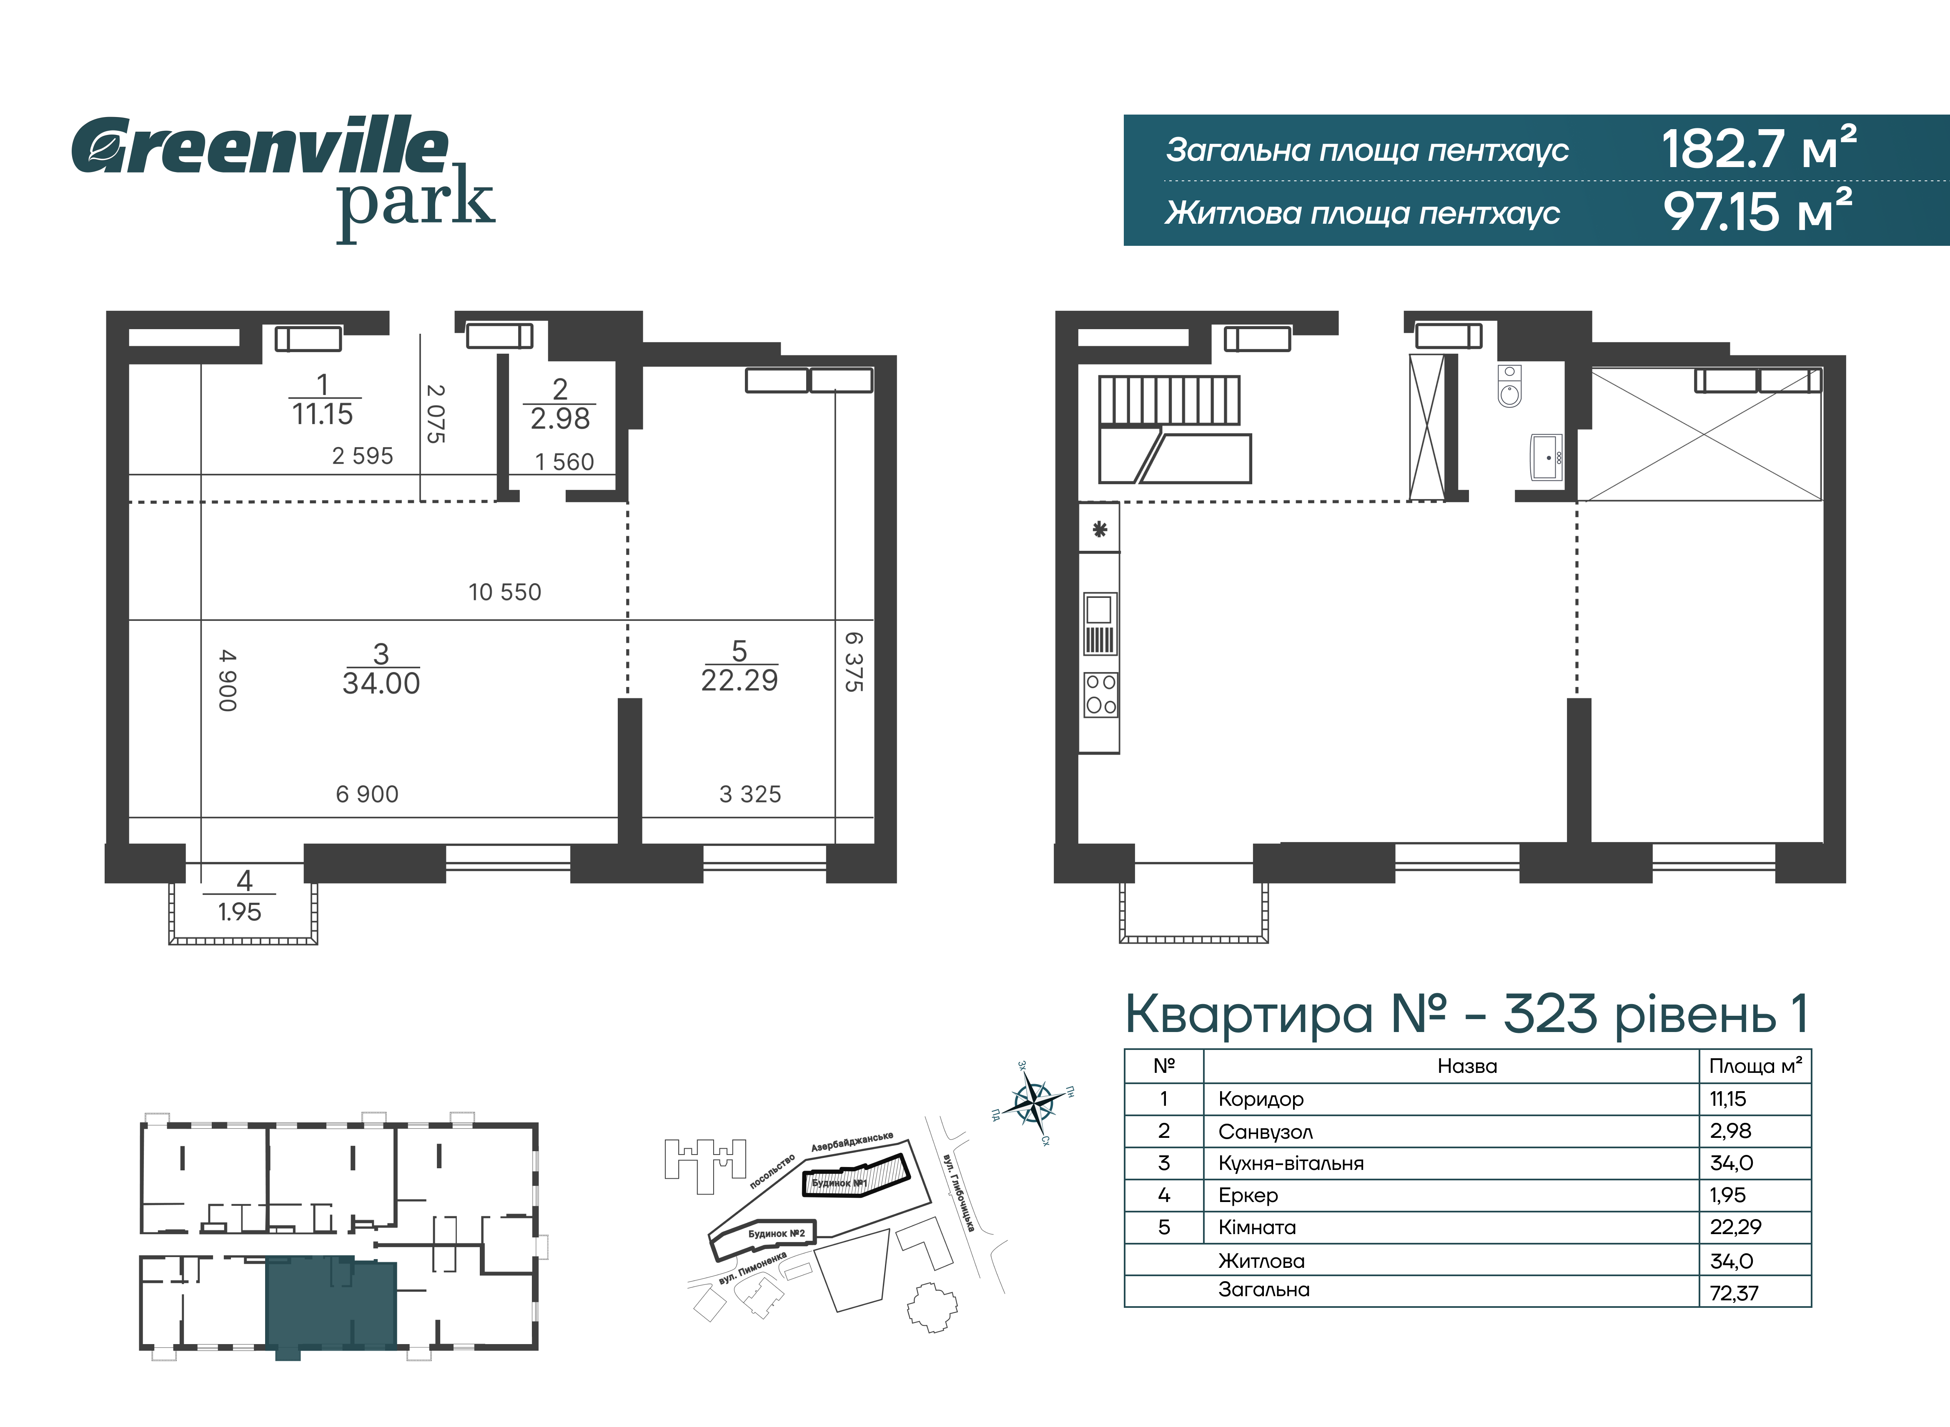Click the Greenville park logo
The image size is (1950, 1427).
point(283,177)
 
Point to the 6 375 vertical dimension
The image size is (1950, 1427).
point(854,662)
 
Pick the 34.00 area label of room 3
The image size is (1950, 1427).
point(381,683)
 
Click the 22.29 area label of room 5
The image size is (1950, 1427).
point(739,681)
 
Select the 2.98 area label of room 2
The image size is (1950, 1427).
point(560,419)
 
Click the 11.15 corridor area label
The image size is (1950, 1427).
point(322,415)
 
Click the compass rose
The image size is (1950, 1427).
point(1033,1102)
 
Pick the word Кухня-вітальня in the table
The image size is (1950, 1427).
point(1291,1164)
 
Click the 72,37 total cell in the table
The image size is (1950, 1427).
point(1734,1293)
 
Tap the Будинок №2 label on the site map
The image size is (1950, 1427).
point(776,1234)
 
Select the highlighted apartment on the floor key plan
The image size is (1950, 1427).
point(331,1305)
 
